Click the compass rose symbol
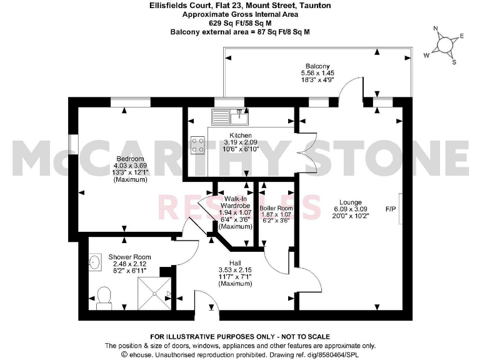444,45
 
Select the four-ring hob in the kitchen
199,145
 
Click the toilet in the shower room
104,297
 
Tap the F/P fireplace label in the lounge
391,208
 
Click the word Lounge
351,202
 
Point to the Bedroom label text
130,159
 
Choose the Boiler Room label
276,207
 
